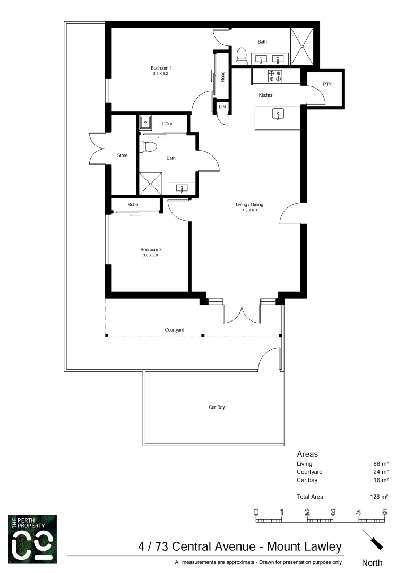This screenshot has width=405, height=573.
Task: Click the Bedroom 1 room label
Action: [161, 68]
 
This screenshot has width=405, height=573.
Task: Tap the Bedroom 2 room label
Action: [150, 249]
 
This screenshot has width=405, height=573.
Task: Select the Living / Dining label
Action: [249, 204]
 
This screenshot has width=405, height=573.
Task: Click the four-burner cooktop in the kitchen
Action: [275, 76]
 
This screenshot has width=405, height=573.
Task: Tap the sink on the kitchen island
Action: [278, 114]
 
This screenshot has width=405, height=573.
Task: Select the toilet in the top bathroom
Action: [241, 55]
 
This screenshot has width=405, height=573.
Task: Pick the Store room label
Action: [122, 155]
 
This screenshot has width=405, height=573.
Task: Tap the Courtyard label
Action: [174, 330]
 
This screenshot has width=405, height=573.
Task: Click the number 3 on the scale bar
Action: [333, 512]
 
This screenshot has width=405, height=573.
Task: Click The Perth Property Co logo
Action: [32, 539]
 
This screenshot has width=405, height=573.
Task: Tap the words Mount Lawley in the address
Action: [304, 546]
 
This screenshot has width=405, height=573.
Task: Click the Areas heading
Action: [307, 454]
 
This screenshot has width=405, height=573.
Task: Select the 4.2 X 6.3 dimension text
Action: [249, 210]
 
